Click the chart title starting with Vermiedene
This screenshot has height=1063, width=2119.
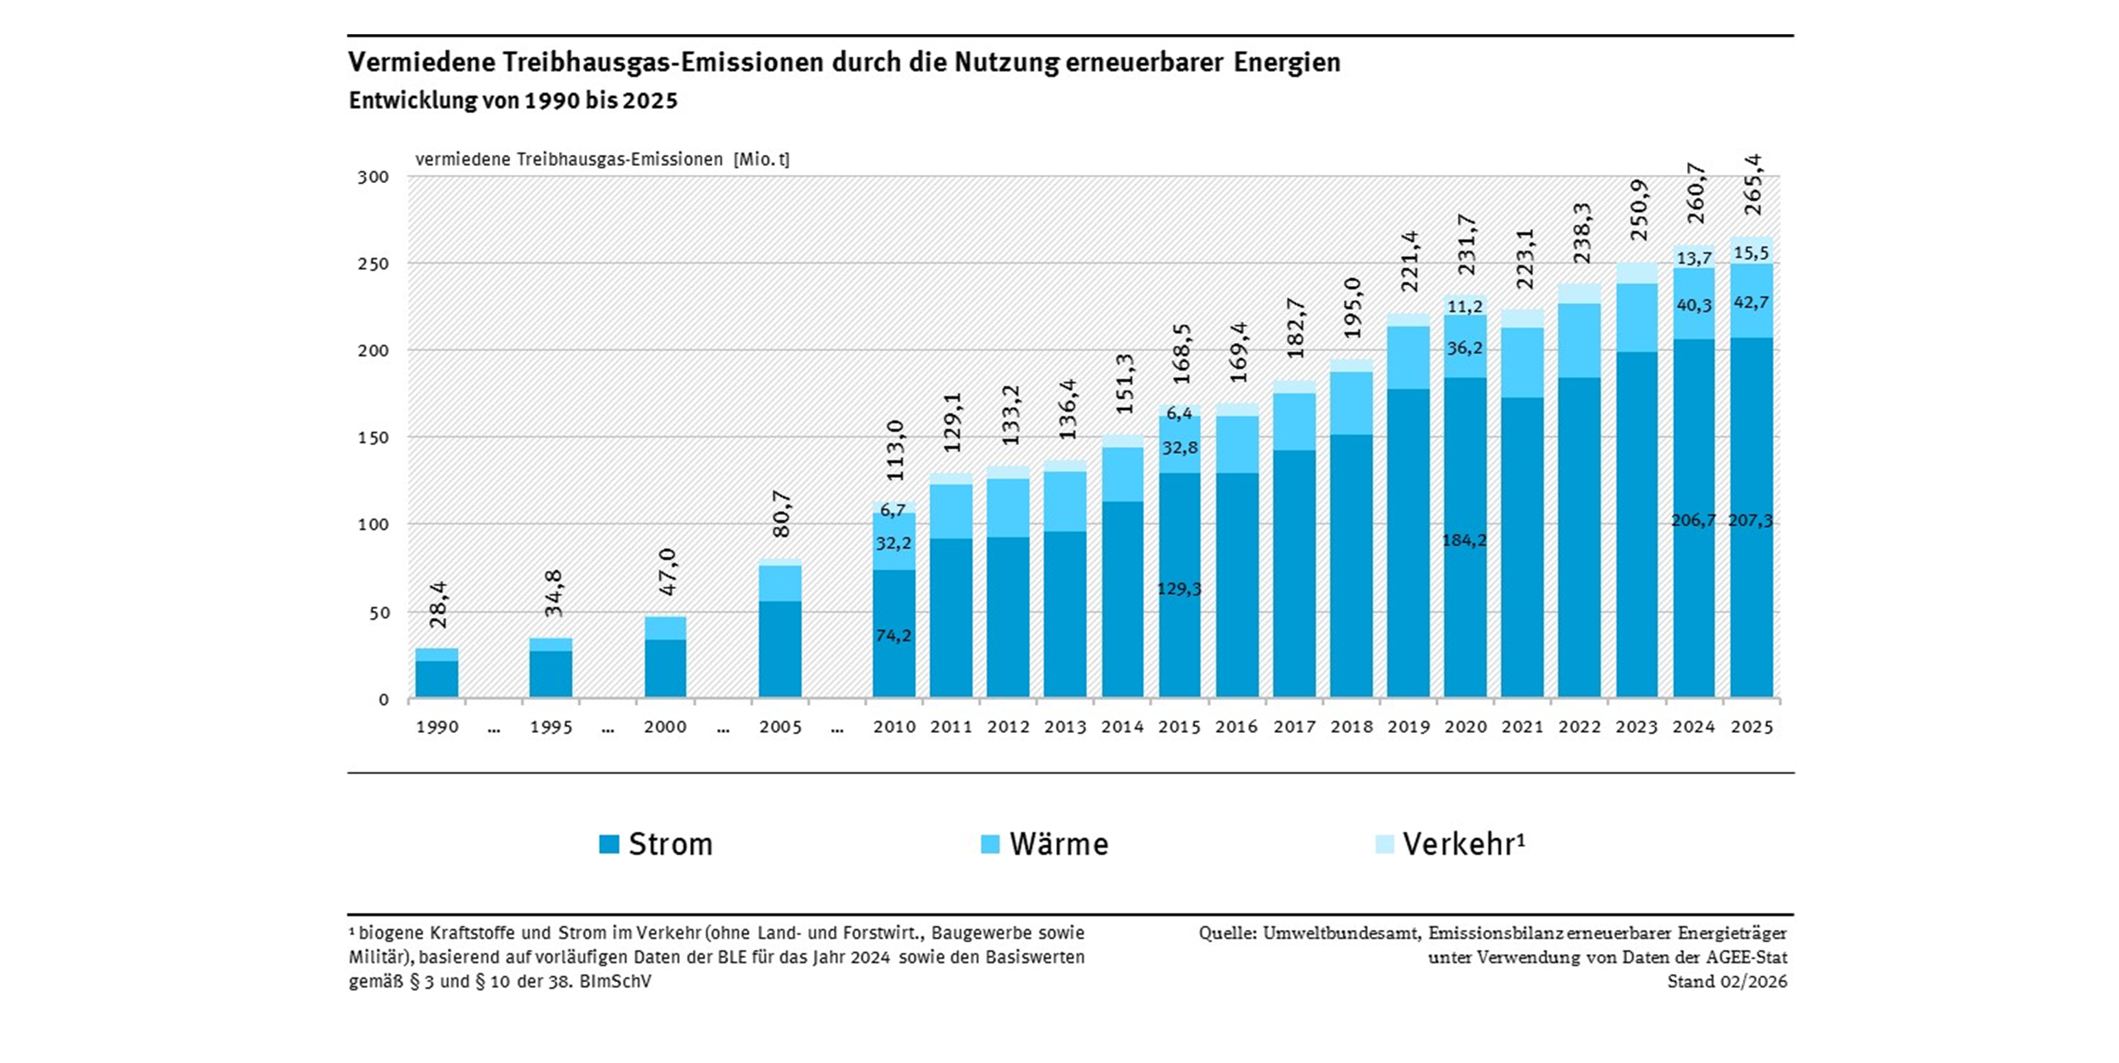pos(844,62)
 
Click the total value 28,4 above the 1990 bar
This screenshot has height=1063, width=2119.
pos(438,605)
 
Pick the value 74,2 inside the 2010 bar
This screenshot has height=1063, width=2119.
pos(894,636)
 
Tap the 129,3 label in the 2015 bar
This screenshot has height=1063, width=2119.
pos(1179,589)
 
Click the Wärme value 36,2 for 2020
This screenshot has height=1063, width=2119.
pos(1464,348)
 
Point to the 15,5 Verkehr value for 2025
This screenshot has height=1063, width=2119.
pos(1751,254)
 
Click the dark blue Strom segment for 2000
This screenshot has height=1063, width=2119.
pos(665,668)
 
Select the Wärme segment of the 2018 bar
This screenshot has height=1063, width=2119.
pos(1351,403)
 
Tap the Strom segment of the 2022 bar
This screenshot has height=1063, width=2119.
pos(1579,535)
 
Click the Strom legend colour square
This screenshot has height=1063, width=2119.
pos(609,844)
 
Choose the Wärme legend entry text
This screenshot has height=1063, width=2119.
pos(1059,844)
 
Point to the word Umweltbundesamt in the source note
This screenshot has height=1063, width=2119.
pos(1341,933)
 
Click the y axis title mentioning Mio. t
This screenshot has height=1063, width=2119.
pos(602,160)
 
